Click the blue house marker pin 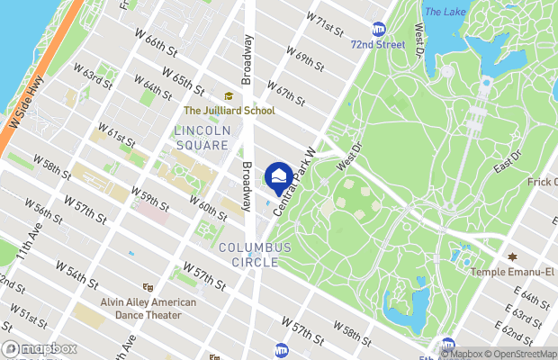tap(279, 174)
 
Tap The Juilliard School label tap(228, 111)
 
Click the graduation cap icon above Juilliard tap(229, 96)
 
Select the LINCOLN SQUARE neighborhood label tap(202, 138)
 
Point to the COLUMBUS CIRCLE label tap(255, 255)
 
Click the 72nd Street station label tap(378, 43)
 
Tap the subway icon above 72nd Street tap(378, 29)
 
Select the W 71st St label tap(324, 23)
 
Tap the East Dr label tap(507, 160)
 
